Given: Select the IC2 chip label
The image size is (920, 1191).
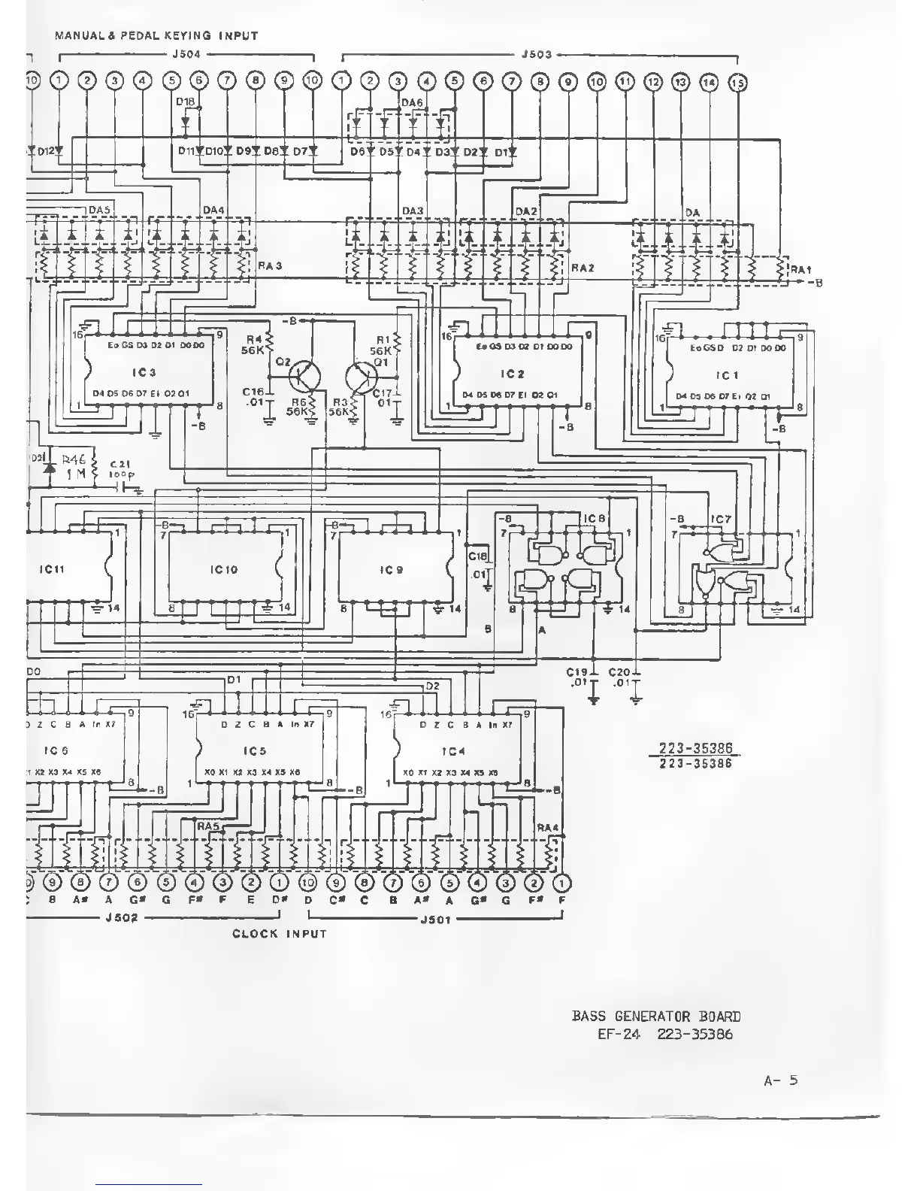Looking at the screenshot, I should pos(512,374).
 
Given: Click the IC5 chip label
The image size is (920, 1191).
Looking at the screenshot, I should pos(255,750).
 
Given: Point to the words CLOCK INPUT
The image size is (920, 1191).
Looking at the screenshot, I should pos(279,934).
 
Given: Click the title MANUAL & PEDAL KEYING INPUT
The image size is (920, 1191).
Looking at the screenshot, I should pos(156,35).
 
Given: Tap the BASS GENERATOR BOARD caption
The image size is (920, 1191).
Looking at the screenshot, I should pos(655,1016).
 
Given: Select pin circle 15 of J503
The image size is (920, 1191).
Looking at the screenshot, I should pos(737,83).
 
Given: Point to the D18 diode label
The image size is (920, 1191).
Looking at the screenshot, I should pos(185,101).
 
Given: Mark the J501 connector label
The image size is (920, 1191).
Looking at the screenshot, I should pos(434,919).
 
